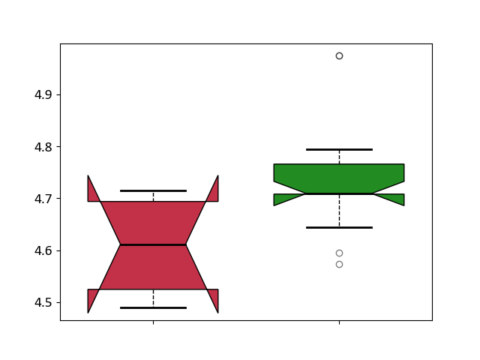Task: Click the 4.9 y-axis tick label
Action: [x=43, y=95]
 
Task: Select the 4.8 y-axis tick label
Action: [x=43, y=147]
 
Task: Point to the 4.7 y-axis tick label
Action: [x=43, y=199]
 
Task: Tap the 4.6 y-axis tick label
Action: [x=43, y=250]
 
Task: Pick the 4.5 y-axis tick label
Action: [x=43, y=302]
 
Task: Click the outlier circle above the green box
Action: [x=339, y=55]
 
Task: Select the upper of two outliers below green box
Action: [x=339, y=253]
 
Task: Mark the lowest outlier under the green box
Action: [x=339, y=265]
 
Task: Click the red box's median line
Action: [x=153, y=245]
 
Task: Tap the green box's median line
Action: [x=339, y=193]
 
